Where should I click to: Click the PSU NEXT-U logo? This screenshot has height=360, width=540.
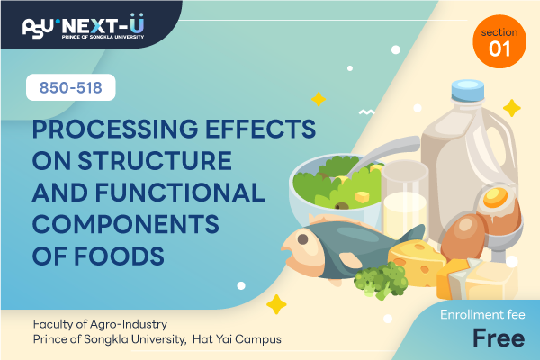point(84,26)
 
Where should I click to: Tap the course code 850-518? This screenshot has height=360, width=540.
point(71,87)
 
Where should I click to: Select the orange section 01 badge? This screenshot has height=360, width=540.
point(499,41)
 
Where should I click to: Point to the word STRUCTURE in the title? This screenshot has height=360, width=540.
point(155,160)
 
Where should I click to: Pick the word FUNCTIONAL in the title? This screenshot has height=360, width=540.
point(180,193)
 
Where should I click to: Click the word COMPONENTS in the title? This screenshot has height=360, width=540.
point(126,224)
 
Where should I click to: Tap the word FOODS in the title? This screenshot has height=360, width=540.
point(119,256)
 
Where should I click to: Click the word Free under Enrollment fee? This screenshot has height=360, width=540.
point(499,338)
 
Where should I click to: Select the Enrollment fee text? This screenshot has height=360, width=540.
point(482,314)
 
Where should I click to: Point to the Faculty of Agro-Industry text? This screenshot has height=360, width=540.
point(100,324)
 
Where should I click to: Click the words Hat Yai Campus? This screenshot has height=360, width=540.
point(237,339)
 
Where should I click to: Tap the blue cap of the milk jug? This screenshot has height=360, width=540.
point(468,90)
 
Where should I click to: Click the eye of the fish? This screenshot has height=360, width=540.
point(302,239)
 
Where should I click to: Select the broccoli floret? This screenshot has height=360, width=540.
point(382,280)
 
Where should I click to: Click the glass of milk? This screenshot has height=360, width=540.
point(404,202)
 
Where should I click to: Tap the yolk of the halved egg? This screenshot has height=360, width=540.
point(495,198)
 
